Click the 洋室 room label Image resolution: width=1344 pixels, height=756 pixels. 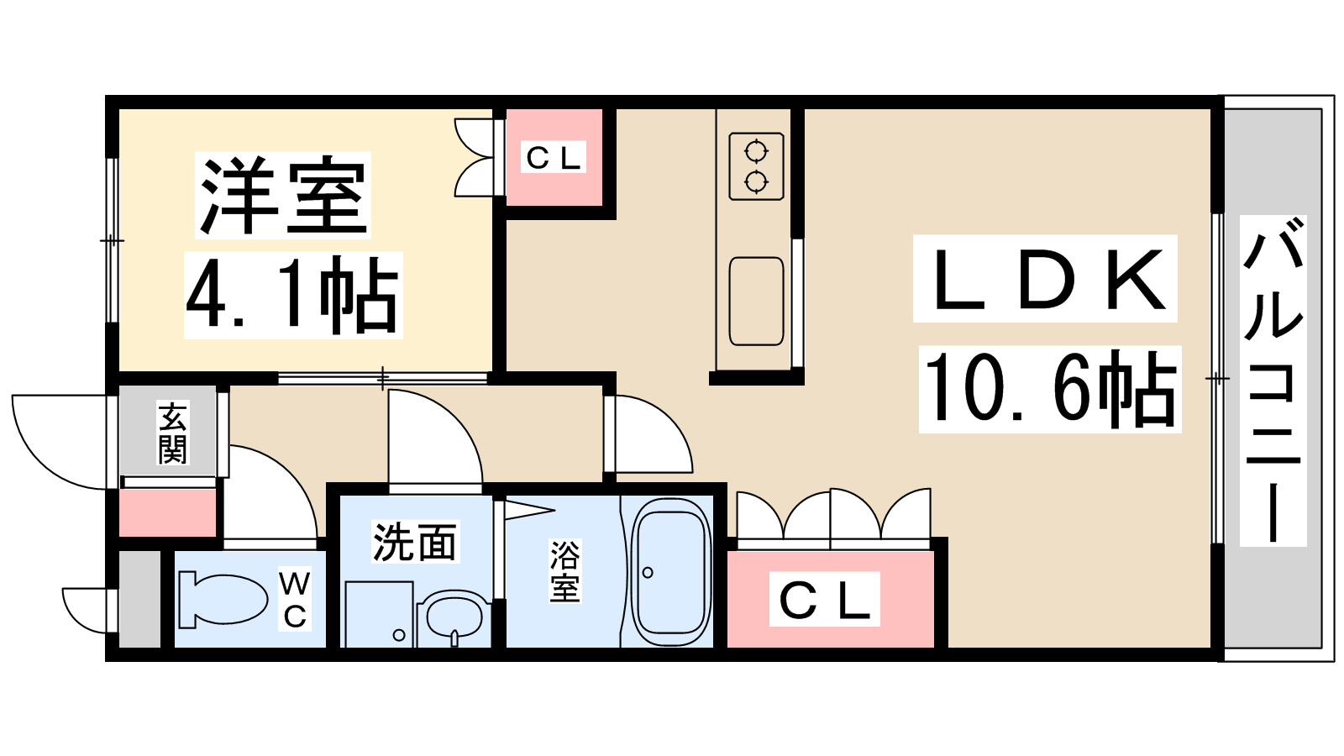[283, 195]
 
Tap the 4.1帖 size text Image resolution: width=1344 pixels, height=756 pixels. [292, 295]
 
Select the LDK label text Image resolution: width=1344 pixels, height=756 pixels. [1046, 279]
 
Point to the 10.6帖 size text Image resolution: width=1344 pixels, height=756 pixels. [1049, 389]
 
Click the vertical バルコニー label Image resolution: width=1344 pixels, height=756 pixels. [1273, 381]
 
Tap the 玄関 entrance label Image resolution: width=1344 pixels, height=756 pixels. [172, 433]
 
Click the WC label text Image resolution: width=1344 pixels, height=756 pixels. [295, 600]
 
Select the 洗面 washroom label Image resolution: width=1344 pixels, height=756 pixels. [414, 542]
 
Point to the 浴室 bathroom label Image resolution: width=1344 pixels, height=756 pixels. [564, 571]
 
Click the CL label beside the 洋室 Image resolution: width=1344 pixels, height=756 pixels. [554, 158]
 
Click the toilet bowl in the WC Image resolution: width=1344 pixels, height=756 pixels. [223, 600]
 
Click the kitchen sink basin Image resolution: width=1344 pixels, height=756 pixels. [757, 302]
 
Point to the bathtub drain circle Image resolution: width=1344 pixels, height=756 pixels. [648, 572]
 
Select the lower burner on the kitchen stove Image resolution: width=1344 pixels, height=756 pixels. [756, 181]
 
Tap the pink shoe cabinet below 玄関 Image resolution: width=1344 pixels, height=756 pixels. [168, 512]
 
